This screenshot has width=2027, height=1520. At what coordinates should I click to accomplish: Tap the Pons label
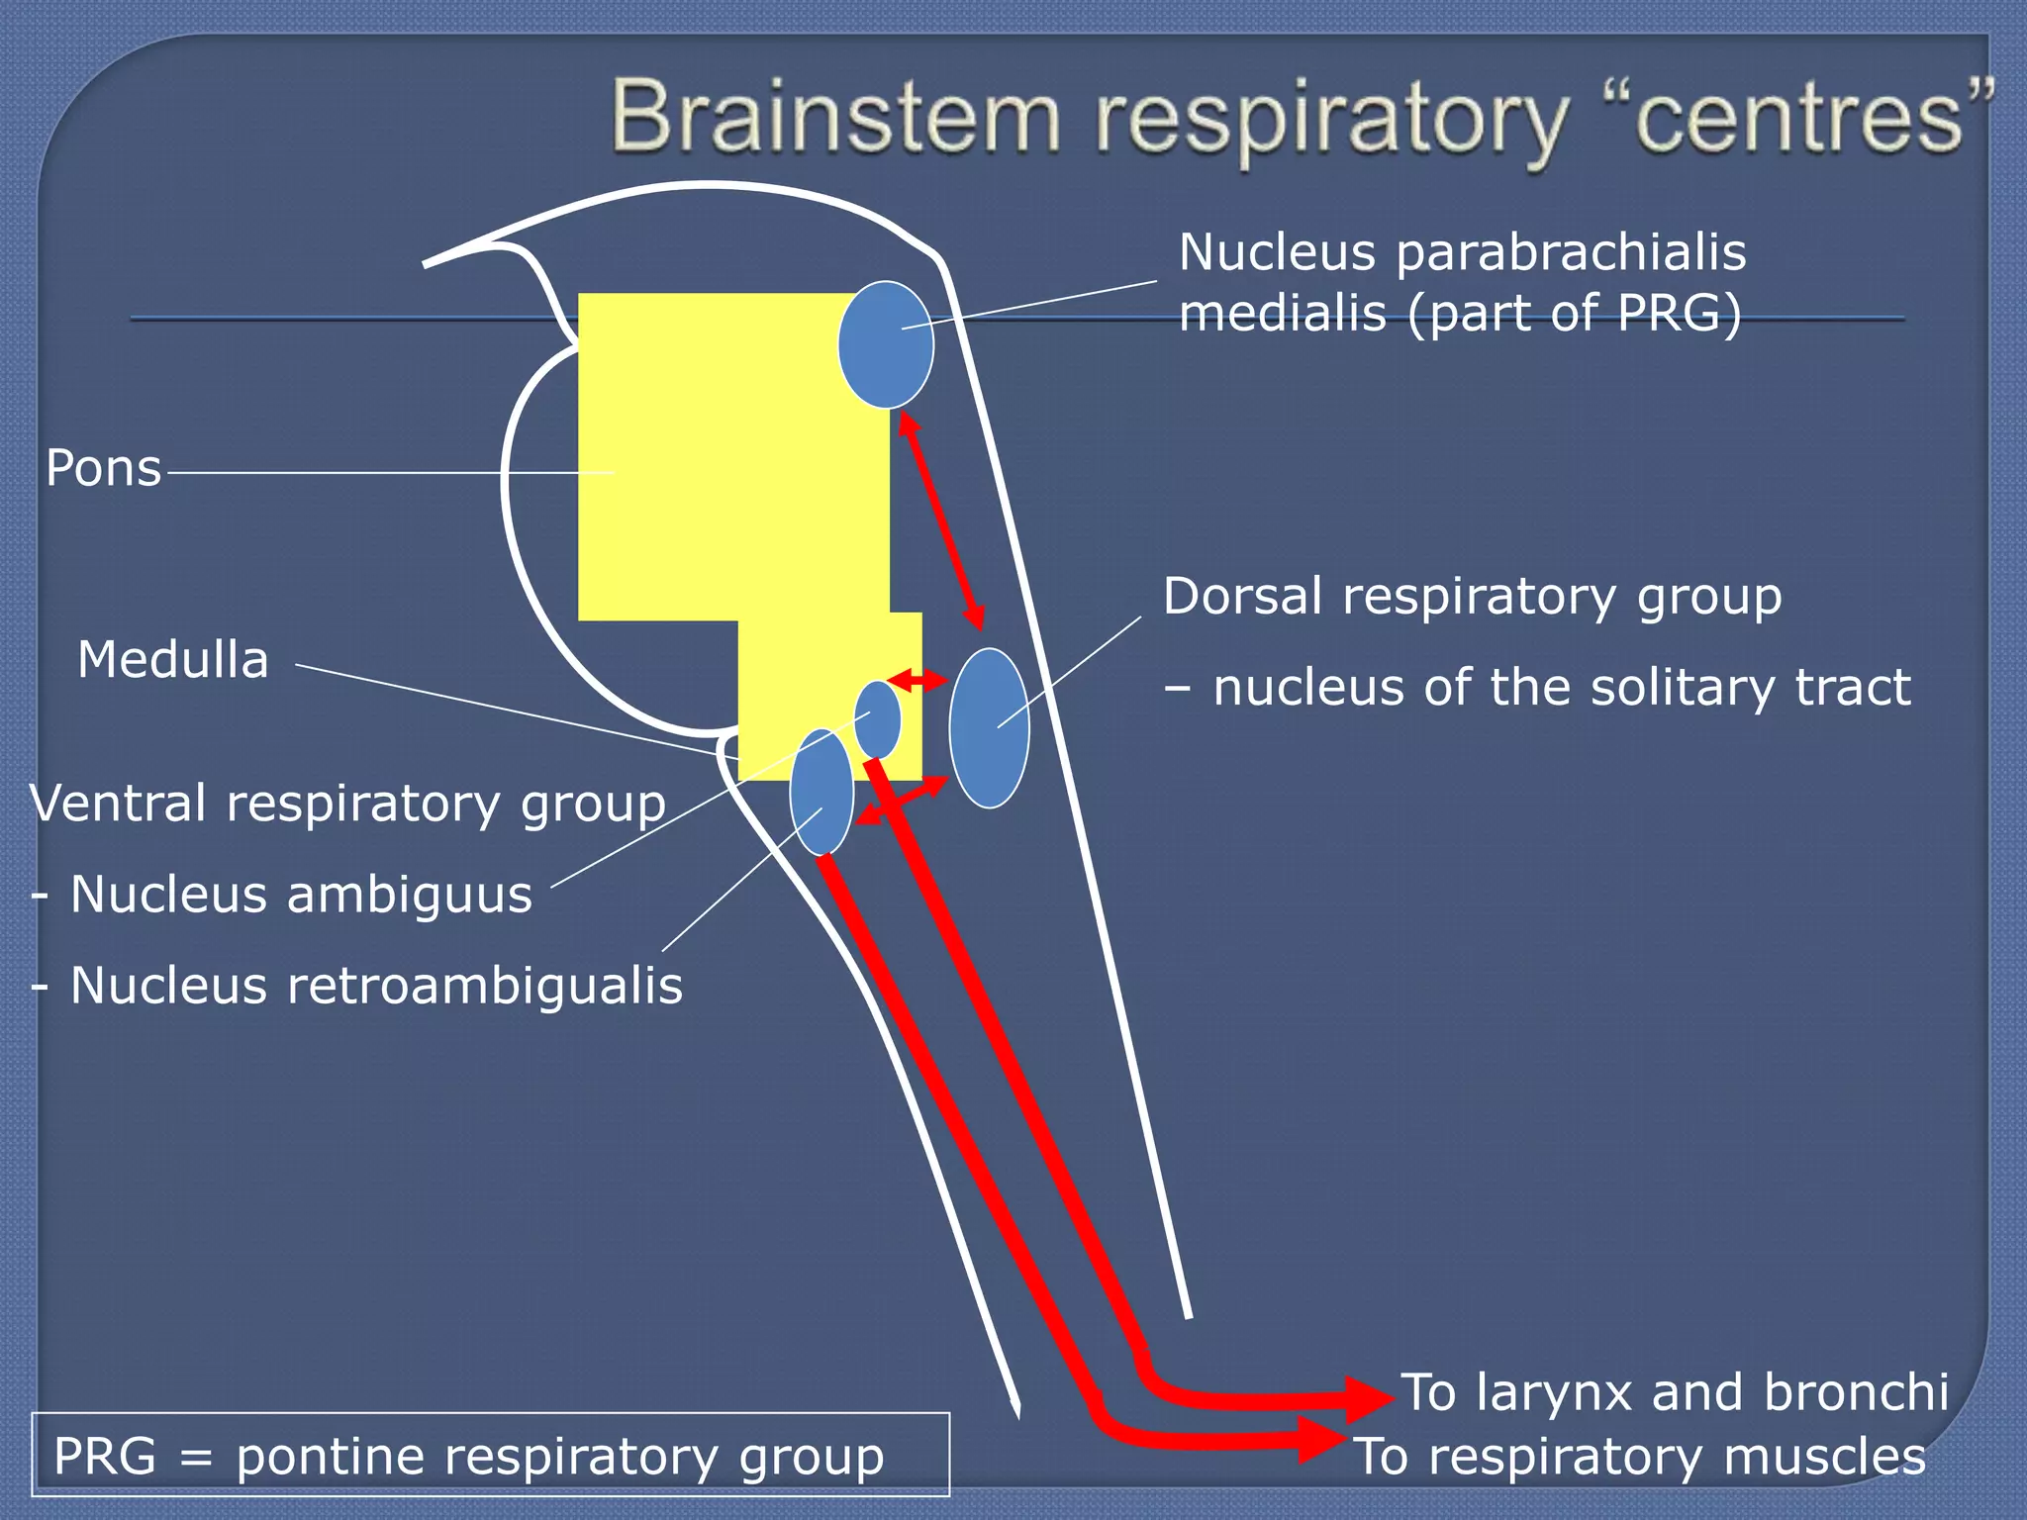[x=104, y=468]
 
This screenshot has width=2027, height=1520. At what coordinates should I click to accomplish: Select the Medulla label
[x=173, y=660]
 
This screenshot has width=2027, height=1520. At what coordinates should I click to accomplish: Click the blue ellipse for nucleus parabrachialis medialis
[x=885, y=344]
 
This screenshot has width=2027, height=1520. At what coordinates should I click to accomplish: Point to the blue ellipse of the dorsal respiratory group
[x=989, y=728]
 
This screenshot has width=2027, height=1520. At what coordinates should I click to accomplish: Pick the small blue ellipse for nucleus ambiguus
[x=878, y=718]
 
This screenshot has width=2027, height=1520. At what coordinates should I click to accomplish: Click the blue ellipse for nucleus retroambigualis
[x=821, y=792]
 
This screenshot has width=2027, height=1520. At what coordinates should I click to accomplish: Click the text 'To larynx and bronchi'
[x=1675, y=1392]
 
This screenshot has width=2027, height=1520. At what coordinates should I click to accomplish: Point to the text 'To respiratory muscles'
[x=1640, y=1457]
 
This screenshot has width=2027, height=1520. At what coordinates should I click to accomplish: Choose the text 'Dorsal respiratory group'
[x=1472, y=597]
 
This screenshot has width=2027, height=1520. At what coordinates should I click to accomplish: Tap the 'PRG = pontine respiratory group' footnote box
[x=491, y=1455]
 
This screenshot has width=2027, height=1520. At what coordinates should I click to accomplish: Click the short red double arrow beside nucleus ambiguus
[x=917, y=680]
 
